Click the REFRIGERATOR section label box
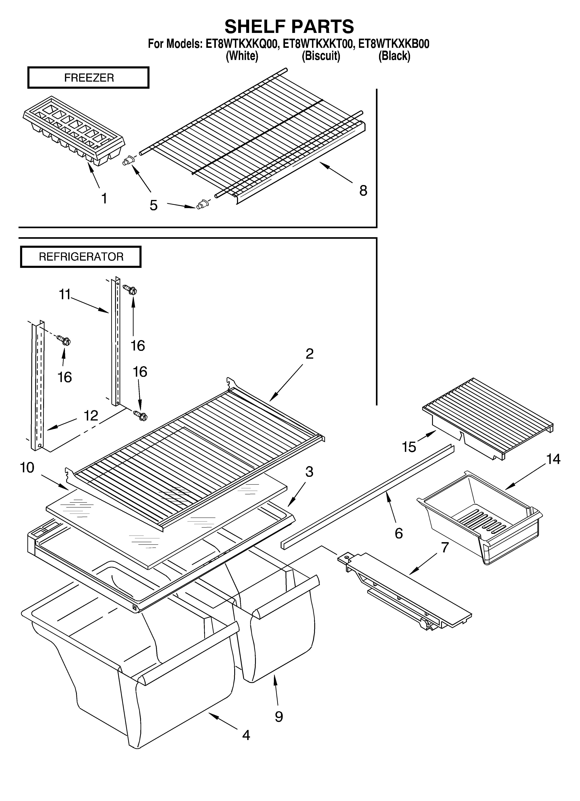click(81, 257)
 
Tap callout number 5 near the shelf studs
click(153, 205)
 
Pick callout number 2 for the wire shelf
click(309, 353)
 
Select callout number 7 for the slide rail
click(445, 547)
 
